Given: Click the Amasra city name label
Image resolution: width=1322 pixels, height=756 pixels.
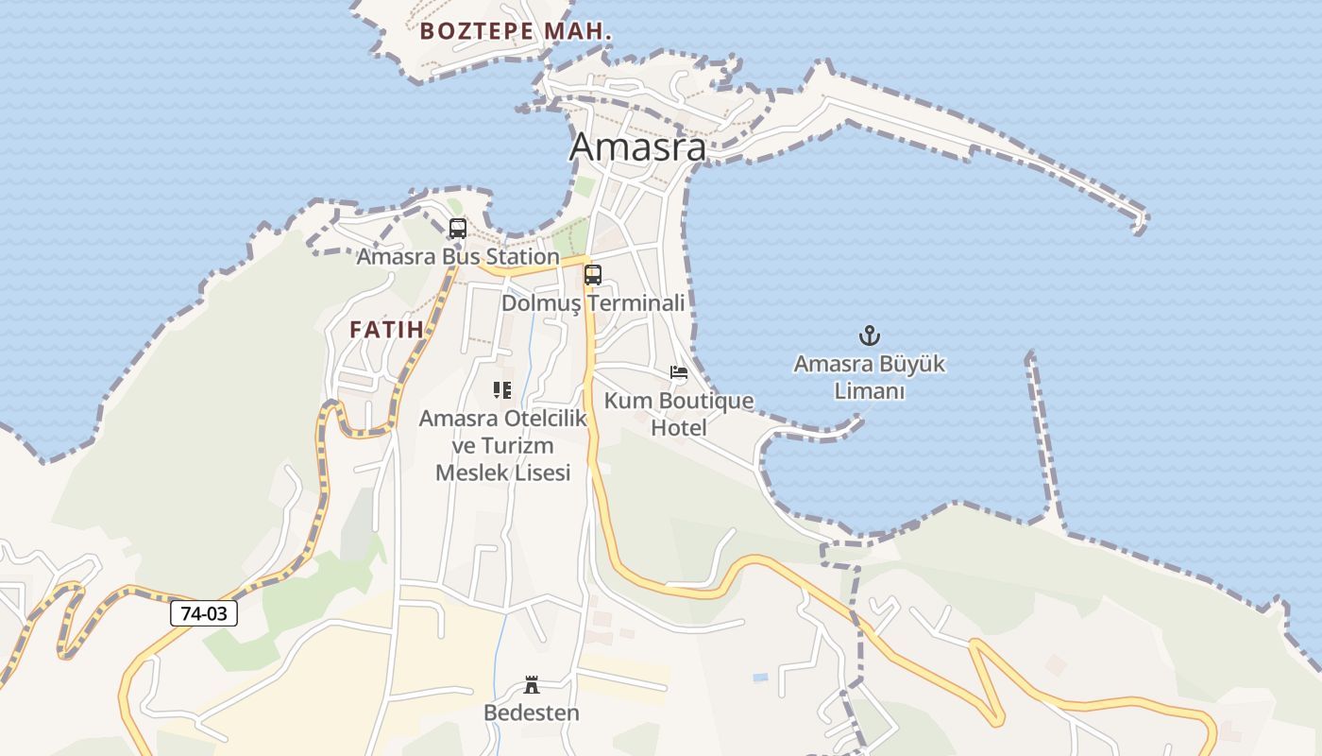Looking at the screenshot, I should click(637, 147).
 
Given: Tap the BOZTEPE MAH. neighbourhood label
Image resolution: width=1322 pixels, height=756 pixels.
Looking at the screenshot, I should click(516, 31).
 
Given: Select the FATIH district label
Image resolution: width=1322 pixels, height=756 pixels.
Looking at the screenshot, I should click(386, 330).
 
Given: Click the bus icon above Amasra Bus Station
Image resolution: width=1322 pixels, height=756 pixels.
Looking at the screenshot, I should click(458, 229).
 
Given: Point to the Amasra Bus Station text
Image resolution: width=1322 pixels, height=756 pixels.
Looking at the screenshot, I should click(458, 256).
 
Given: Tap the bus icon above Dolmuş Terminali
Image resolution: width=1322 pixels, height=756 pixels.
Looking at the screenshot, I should click(593, 275).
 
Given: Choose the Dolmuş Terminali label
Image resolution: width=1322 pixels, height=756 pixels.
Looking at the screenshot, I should click(593, 303).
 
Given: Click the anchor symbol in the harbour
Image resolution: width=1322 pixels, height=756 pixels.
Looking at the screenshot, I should click(869, 335).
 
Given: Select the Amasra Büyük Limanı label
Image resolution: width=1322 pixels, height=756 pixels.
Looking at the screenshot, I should click(869, 377).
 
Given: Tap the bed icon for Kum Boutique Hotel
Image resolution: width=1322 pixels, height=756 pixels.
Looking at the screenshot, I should click(679, 372).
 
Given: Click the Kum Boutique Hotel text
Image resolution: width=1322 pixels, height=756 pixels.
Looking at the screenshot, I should click(679, 414).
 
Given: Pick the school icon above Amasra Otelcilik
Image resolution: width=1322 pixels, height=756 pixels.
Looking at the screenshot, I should click(502, 389).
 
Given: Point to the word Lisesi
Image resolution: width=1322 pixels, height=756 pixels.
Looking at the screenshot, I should click(540, 472).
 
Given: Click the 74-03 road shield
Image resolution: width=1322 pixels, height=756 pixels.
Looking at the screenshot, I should click(204, 613).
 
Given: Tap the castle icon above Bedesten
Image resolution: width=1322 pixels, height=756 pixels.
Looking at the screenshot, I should click(532, 685).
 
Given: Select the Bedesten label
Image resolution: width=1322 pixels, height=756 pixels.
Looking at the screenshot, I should click(532, 713).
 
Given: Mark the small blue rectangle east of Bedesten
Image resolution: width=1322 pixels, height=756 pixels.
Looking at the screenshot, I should click(760, 678).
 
